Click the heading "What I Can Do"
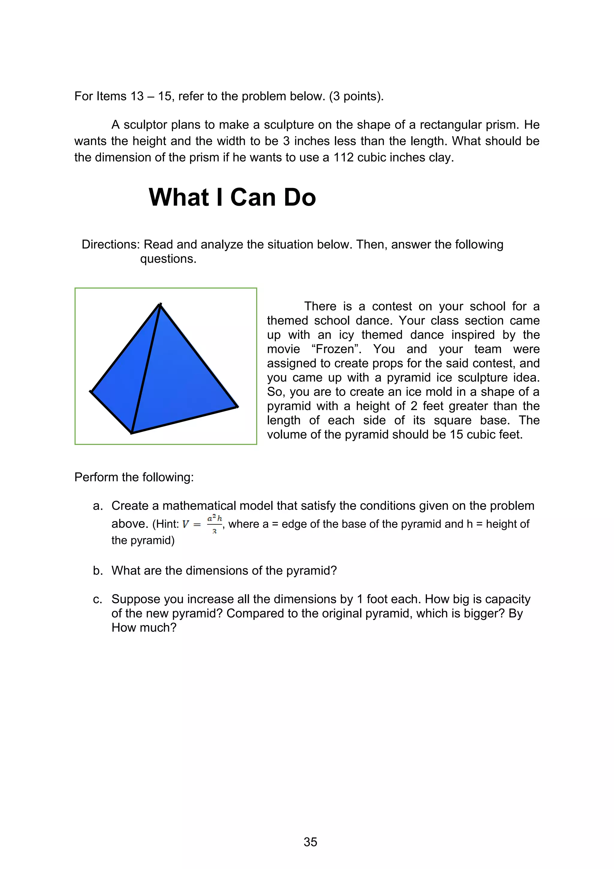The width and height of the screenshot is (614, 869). [232, 197]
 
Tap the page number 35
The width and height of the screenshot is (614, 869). [310, 842]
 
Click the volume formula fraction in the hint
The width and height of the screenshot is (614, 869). [214, 524]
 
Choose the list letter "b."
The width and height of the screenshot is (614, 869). [98, 571]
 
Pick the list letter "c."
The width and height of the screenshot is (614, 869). [98, 599]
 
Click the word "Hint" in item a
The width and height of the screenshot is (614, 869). [166, 524]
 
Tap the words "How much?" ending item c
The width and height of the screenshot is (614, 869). [144, 628]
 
